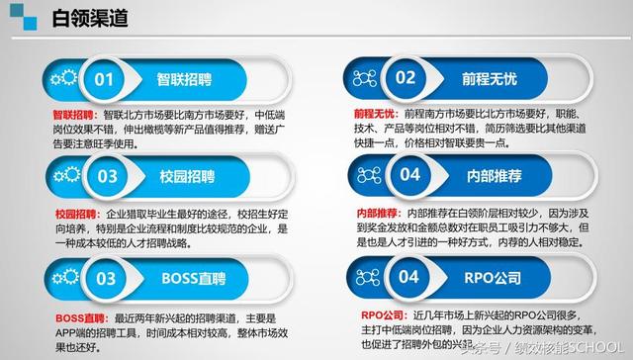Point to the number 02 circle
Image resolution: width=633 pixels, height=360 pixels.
(406, 78)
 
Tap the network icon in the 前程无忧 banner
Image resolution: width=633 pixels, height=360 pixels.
(364, 78)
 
